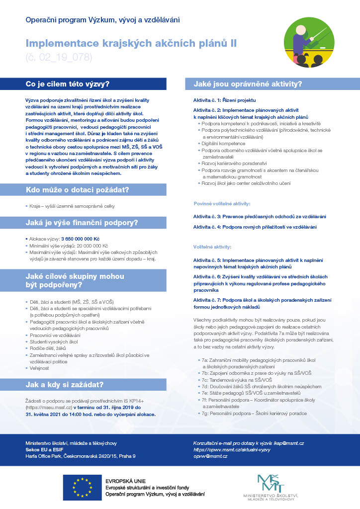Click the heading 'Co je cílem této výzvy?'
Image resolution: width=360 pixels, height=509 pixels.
tap(68, 84)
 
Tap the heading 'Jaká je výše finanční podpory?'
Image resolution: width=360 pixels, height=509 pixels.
tap(82, 222)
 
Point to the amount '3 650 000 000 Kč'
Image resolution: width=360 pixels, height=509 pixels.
tap(81, 239)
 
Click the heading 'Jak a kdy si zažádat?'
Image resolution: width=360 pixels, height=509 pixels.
tap(65, 384)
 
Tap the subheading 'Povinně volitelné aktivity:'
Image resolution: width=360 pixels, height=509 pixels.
tap(221, 204)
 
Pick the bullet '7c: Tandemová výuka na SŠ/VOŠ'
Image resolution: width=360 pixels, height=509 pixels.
tap(241, 379)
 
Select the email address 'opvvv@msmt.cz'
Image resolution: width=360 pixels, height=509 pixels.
tap(210, 456)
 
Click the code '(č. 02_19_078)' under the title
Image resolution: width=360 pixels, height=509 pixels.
tap(59, 57)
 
